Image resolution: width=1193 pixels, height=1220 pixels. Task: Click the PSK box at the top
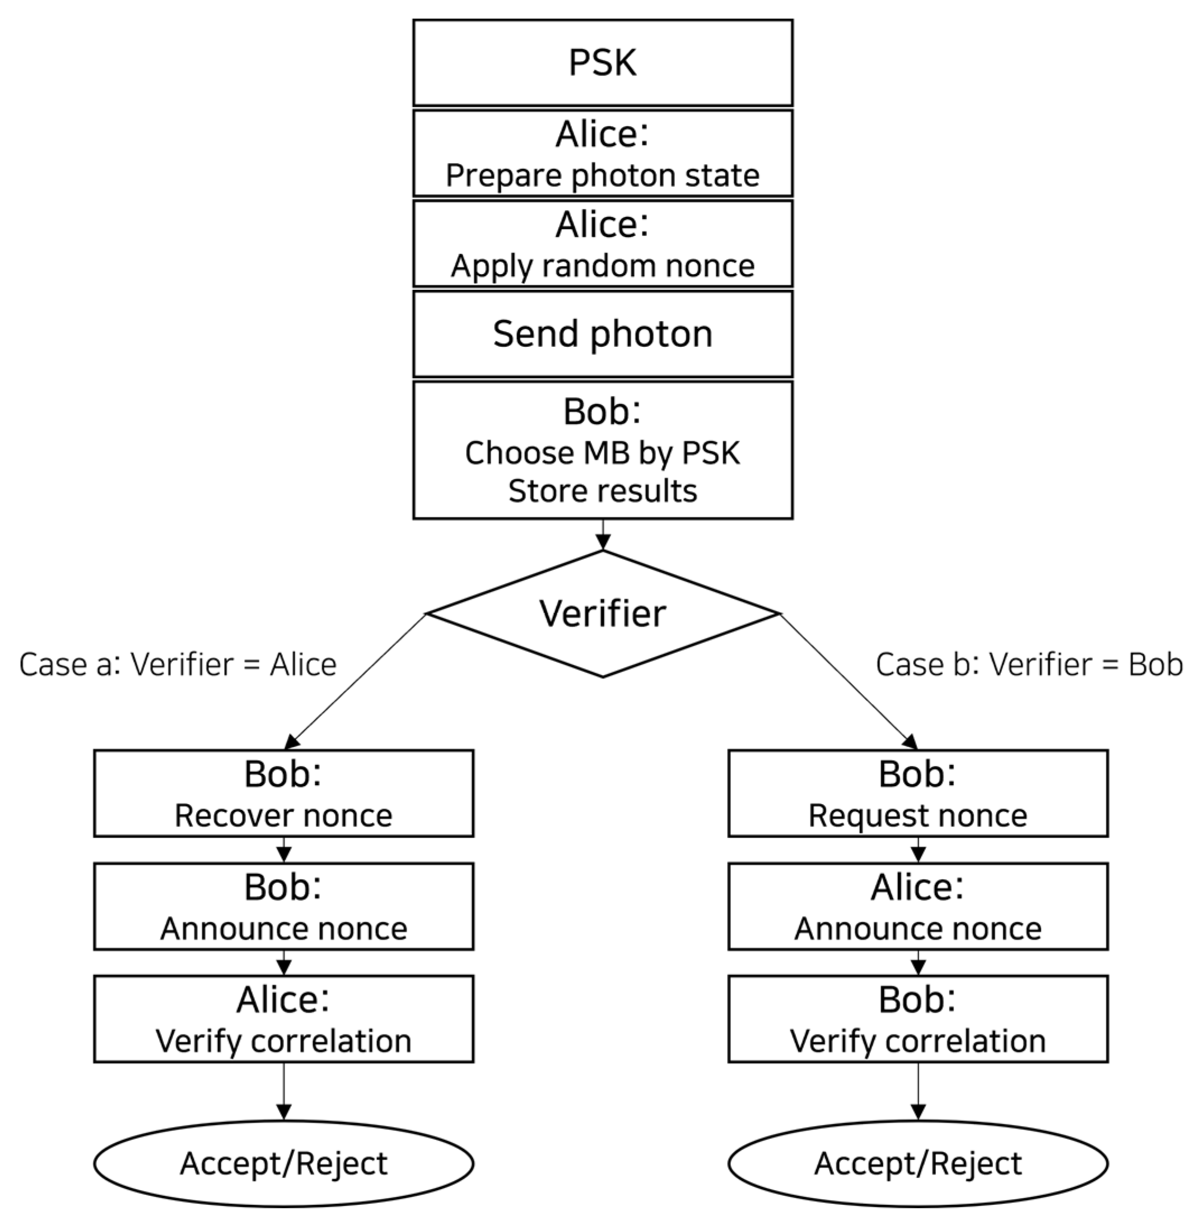pyautogui.click(x=603, y=63)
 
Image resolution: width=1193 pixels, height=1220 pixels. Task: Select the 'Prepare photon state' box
pyautogui.click(x=603, y=154)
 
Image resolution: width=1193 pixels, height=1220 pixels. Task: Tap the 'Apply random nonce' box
pyautogui.click(x=603, y=244)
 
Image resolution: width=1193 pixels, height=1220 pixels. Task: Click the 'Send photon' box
pyautogui.click(x=603, y=334)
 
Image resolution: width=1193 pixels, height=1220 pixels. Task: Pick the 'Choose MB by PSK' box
pyautogui.click(x=603, y=450)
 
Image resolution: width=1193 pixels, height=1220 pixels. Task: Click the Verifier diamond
pyautogui.click(x=603, y=614)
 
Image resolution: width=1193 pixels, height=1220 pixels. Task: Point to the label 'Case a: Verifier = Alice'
pyautogui.click(x=178, y=665)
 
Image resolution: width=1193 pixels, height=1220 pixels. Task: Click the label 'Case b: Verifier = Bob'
pyautogui.click(x=1029, y=665)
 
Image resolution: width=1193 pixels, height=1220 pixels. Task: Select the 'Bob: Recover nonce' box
pyautogui.click(x=284, y=793)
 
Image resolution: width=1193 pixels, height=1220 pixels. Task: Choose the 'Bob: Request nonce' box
pyautogui.click(x=918, y=793)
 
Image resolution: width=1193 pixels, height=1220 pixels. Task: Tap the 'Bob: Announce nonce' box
pyautogui.click(x=284, y=906)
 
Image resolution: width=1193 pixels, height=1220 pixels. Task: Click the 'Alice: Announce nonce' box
pyautogui.click(x=918, y=906)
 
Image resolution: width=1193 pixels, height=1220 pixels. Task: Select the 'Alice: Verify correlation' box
pyautogui.click(x=284, y=1019)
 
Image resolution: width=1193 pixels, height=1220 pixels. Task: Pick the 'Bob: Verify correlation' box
pyautogui.click(x=918, y=1019)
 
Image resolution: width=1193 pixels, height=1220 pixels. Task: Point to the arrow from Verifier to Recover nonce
pyautogui.click(x=355, y=682)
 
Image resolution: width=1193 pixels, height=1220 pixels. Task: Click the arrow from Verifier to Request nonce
pyautogui.click(x=849, y=682)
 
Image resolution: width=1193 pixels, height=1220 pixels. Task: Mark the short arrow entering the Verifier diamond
pyautogui.click(x=603, y=535)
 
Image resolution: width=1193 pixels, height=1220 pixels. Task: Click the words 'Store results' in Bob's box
pyautogui.click(x=603, y=491)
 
